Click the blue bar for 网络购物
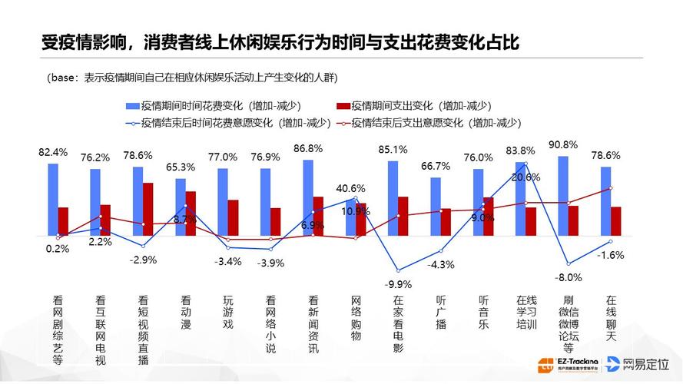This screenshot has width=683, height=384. click(350, 216)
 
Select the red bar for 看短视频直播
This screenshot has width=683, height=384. click(148, 208)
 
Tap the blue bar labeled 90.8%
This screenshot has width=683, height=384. click(563, 195)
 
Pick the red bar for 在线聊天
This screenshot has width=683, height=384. click(615, 220)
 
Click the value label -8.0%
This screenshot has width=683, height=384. click(569, 277)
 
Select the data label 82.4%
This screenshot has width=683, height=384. click(53, 151)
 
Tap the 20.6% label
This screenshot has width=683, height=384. click(526, 177)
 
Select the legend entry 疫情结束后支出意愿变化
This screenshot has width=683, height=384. click(423, 122)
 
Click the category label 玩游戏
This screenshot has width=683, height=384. click(227, 313)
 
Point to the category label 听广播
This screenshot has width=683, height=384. click(440, 313)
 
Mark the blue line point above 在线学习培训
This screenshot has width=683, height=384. click(526, 163)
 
